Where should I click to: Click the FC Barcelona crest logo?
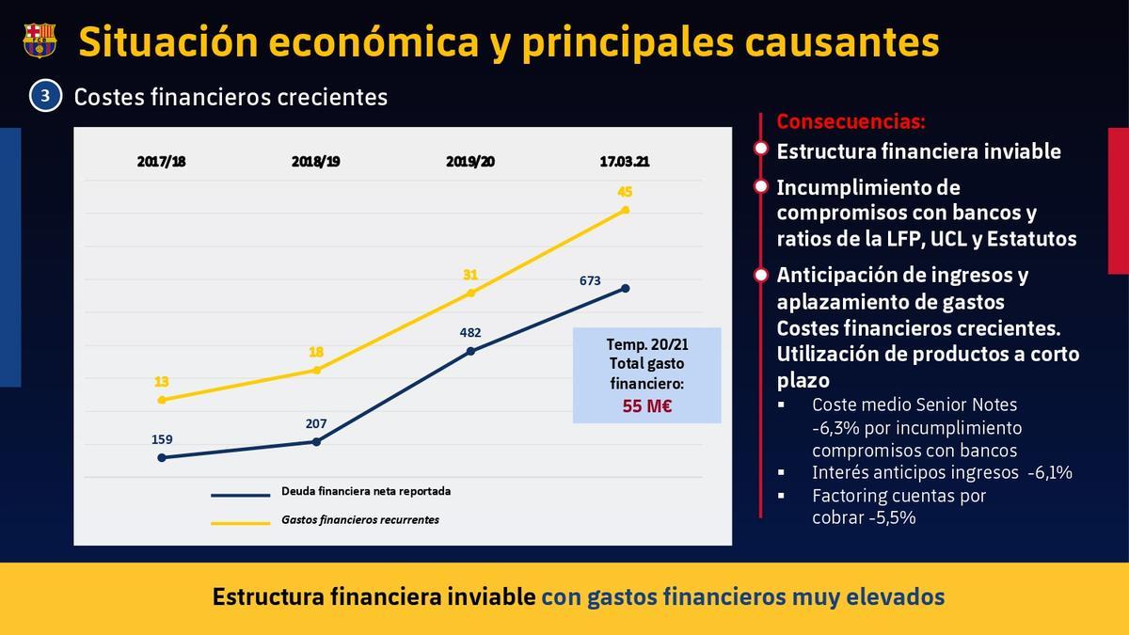(40, 40)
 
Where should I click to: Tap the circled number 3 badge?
(44, 96)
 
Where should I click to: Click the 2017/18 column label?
(161, 161)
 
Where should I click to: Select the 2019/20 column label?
(470, 161)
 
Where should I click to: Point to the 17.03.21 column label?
(625, 161)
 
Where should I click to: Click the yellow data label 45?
(625, 192)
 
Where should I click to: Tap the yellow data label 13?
(161, 382)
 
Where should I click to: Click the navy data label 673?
(591, 280)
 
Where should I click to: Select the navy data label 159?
(161, 439)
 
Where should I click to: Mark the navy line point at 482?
(470, 351)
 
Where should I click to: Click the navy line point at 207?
(316, 441)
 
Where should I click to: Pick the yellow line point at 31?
(470, 294)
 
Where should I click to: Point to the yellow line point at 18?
(316, 370)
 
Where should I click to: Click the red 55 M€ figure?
(647, 406)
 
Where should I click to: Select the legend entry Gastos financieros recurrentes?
(360, 519)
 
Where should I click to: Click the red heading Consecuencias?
(851, 121)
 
